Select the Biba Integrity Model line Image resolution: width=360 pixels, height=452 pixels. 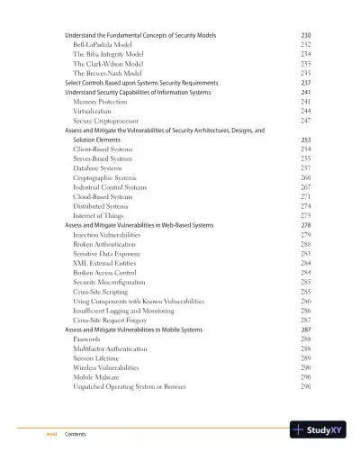coord(105,54)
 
